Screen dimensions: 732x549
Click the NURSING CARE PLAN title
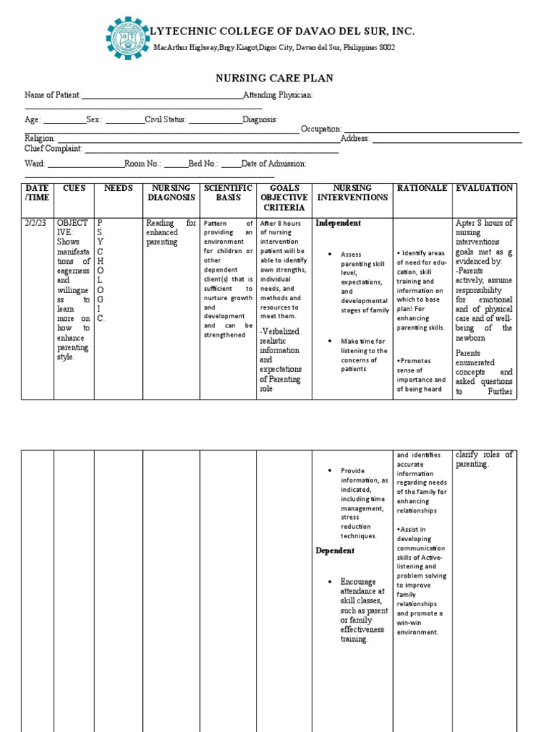click(274, 79)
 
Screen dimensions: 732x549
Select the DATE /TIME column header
click(37, 193)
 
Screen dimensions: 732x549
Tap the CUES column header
click(74, 188)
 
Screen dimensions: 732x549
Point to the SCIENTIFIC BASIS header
click(227, 193)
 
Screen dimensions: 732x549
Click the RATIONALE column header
click(422, 188)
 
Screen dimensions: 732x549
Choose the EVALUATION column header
click(484, 188)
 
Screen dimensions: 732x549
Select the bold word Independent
click(338, 223)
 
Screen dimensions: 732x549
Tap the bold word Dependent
click(335, 551)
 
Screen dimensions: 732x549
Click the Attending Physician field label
click(278, 96)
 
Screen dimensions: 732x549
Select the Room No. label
click(143, 164)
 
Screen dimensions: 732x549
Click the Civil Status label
click(166, 120)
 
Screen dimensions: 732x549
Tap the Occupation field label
click(321, 129)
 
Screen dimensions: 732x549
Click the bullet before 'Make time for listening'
click(329, 342)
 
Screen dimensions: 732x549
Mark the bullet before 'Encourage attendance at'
click(329, 582)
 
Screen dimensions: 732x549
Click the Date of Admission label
click(274, 164)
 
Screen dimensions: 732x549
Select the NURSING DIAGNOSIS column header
click(170, 193)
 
